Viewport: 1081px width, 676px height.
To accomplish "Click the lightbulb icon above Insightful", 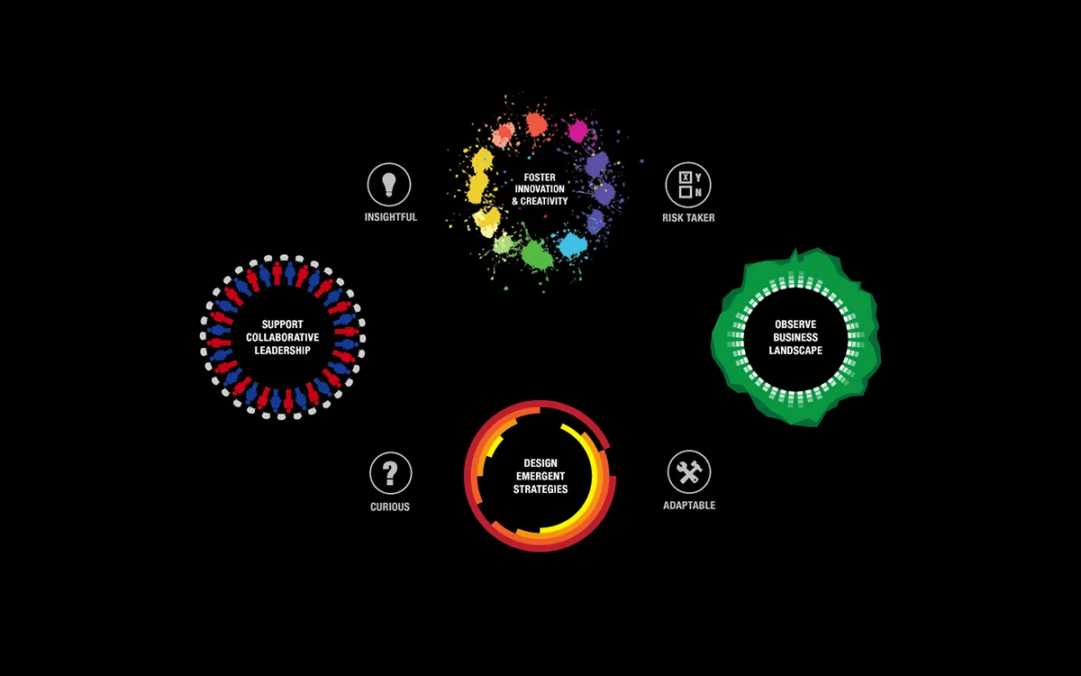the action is coord(389,185).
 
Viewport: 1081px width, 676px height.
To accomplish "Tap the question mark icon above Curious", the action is coord(390,473).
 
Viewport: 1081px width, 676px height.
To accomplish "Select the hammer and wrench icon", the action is coord(689,472).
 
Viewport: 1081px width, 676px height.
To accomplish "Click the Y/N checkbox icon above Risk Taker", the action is coord(688,185).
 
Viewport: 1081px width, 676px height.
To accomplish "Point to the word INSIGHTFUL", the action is coord(391,217).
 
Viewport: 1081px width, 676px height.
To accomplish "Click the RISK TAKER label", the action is coord(688,218).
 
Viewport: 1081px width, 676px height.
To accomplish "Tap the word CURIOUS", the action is coord(390,507).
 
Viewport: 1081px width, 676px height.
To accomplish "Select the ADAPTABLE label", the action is coord(689,505).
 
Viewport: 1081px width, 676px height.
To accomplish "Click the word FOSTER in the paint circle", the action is coord(540,178).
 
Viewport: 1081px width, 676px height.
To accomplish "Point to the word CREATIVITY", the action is coord(544,201).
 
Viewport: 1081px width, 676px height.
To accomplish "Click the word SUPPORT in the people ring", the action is coord(282,324).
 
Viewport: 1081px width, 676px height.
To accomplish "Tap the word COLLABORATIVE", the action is coord(282,337).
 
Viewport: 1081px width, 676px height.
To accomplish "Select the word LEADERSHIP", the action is coord(282,350).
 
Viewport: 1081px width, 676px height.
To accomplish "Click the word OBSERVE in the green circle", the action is coord(795,324).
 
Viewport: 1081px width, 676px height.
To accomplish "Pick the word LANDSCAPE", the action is coord(795,350).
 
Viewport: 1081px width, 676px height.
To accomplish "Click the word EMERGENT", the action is coord(540,476).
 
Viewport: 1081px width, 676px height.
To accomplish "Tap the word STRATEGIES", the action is coord(540,489).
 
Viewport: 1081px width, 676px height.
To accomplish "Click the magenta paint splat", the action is coord(577,131).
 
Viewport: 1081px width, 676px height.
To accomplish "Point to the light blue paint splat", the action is coord(573,245).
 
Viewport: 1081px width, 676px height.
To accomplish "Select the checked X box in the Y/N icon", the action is coord(685,178).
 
